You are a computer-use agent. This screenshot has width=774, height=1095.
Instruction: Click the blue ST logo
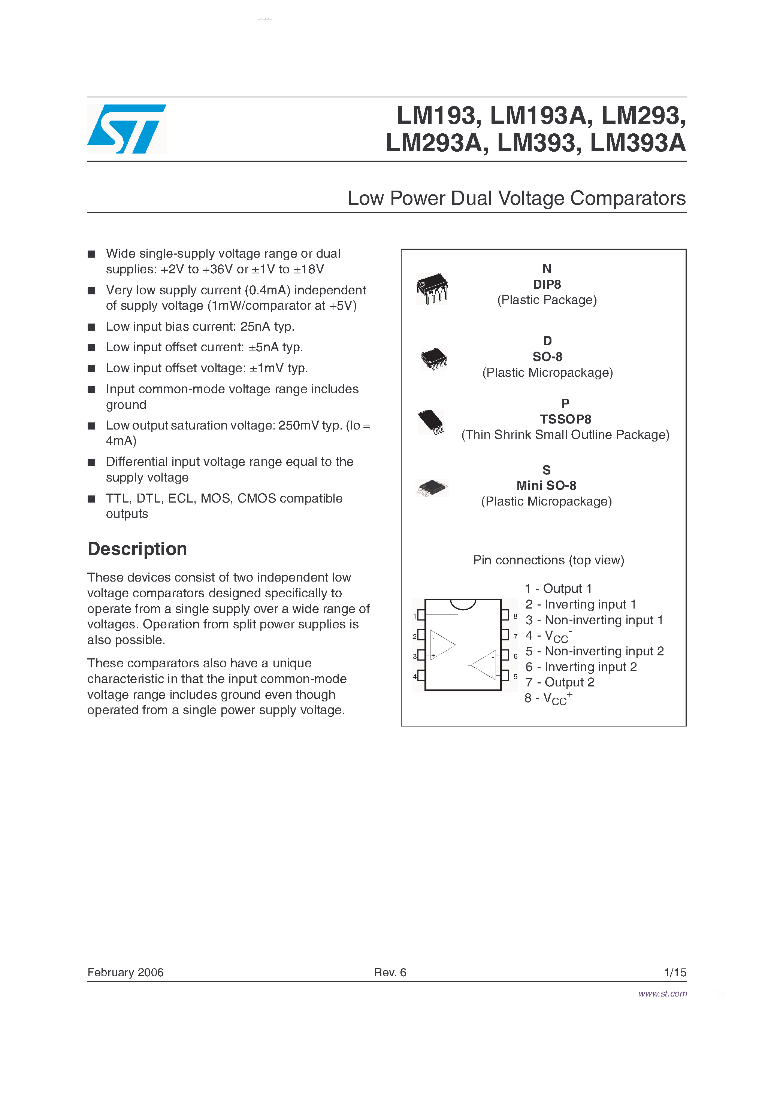[x=127, y=129]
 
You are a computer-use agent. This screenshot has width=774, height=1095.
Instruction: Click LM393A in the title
[x=638, y=143]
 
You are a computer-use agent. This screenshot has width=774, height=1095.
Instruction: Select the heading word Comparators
[x=628, y=198]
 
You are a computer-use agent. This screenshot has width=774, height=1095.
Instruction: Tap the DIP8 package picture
[x=432, y=288]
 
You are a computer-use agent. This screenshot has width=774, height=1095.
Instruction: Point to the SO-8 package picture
[x=433, y=359]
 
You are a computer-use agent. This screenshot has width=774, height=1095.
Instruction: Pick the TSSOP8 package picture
[x=431, y=422]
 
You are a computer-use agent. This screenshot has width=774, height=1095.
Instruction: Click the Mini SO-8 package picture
[x=432, y=488]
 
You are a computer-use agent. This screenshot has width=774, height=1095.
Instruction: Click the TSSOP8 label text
[x=565, y=419]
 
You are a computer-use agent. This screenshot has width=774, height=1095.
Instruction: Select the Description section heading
[x=137, y=549]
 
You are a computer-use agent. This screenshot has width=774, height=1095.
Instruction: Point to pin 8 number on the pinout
[x=516, y=616]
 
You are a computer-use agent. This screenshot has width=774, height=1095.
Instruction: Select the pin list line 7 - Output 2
[x=559, y=682]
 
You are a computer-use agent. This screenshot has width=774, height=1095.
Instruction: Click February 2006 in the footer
[x=125, y=973]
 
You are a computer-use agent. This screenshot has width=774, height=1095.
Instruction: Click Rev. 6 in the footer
[x=390, y=973]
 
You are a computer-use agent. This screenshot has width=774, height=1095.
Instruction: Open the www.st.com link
[x=662, y=994]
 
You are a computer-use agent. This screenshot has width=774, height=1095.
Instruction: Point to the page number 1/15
[x=675, y=973]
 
